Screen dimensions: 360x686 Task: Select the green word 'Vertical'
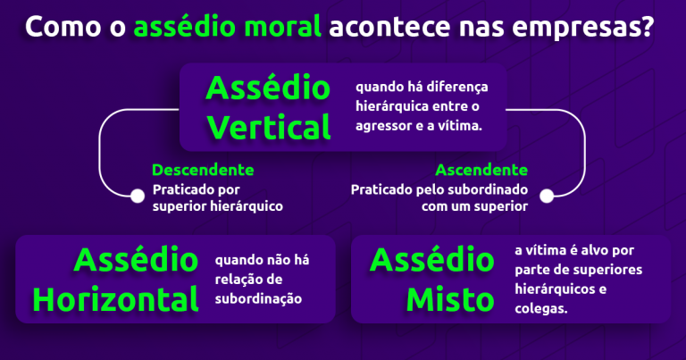coord(269,128)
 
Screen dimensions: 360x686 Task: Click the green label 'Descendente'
coord(203,170)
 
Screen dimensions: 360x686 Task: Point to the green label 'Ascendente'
coord(481,170)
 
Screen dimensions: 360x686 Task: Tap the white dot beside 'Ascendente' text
coord(548,195)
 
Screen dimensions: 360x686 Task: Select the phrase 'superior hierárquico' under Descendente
coord(217,206)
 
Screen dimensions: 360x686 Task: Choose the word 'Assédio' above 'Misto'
coord(431,260)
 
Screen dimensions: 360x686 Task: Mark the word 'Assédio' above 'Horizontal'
coord(137,260)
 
